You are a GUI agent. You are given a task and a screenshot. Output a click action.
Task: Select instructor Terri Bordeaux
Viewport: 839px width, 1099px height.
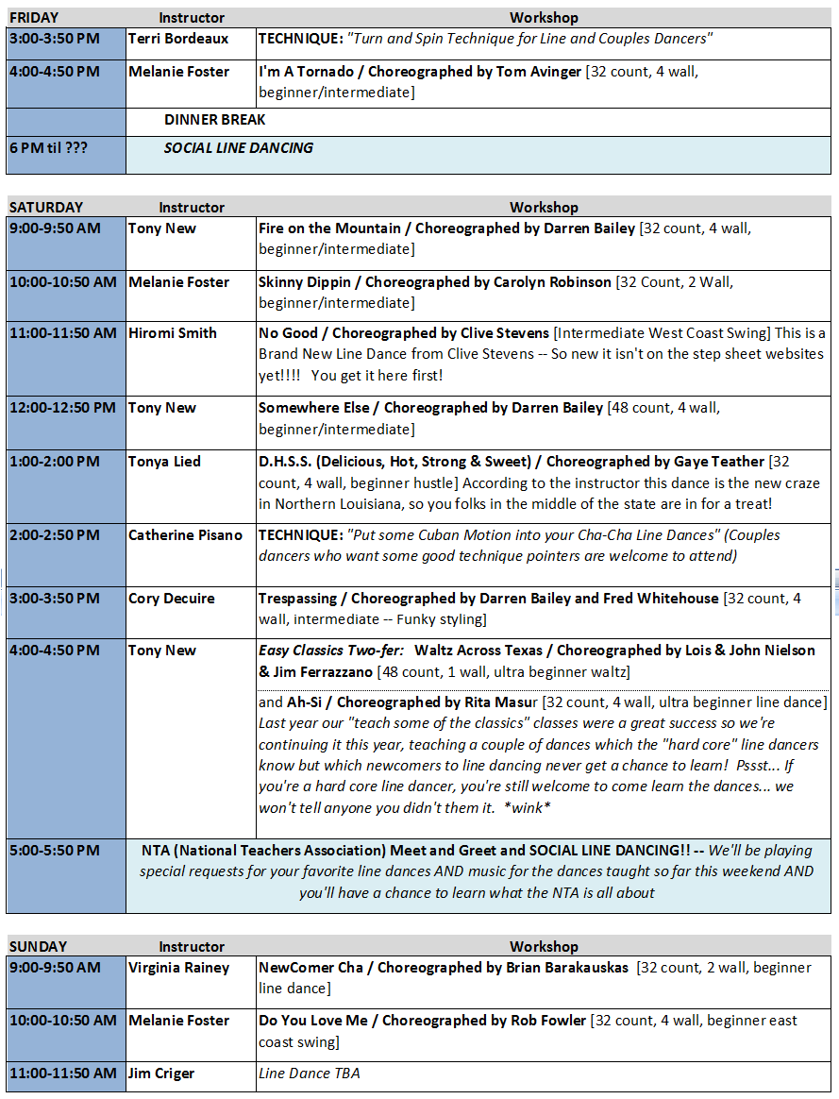coord(178,39)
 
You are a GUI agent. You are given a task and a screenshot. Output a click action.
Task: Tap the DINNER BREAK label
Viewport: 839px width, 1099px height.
coord(215,120)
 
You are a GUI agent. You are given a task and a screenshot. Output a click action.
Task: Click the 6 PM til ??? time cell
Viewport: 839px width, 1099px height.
coord(48,147)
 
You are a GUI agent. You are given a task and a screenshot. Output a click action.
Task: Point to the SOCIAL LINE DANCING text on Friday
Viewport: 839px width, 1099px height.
coord(239,147)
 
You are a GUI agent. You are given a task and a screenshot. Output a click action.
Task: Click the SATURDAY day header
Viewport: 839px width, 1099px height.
coord(46,207)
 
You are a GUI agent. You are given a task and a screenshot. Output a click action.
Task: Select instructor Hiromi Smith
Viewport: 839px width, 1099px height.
coord(173,332)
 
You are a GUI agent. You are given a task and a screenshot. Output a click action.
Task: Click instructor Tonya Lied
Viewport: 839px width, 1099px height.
coord(164,461)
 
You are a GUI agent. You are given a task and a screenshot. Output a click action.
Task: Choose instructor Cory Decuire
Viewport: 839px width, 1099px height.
coord(172,598)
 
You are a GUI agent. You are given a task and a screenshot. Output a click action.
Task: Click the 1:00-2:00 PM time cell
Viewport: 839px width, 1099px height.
coord(54,461)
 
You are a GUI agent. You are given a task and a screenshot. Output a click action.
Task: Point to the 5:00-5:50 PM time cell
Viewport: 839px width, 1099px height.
coord(54,850)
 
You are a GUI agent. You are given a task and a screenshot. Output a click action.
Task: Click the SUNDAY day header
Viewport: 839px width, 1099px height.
coord(38,946)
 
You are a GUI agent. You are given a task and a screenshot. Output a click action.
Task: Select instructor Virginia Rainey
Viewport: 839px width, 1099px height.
coord(179,967)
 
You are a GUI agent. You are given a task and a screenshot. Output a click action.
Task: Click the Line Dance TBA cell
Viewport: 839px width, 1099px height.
coord(309,1073)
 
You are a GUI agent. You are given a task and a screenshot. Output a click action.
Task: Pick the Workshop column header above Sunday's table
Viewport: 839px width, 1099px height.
coord(544,946)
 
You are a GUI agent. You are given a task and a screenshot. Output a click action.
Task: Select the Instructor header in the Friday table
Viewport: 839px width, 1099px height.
coord(192,17)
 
